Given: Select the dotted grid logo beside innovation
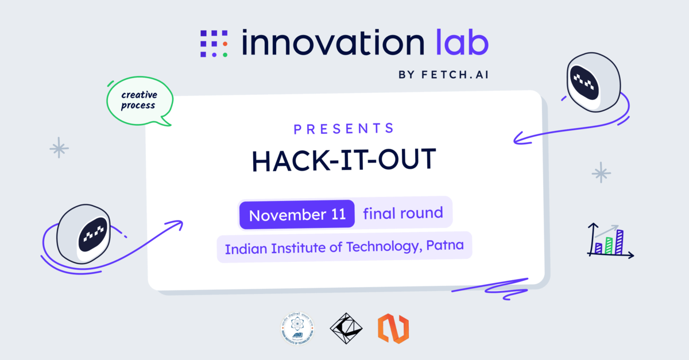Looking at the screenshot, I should (x=214, y=43).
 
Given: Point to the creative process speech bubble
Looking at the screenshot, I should (x=138, y=101).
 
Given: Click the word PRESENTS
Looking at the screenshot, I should (x=344, y=129).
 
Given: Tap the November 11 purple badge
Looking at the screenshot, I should (x=297, y=215).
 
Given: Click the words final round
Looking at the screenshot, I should (x=403, y=214).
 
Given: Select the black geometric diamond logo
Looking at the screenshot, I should (x=346, y=329).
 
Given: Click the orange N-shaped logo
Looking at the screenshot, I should (x=393, y=329).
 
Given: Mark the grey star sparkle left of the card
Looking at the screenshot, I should (x=59, y=148).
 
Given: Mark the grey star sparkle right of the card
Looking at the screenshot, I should (x=601, y=172).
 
